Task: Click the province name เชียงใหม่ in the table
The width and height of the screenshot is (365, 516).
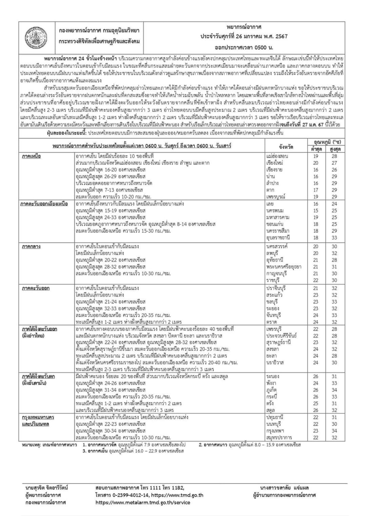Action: pyautogui.click(x=275, y=163)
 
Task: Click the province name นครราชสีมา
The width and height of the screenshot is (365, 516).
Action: pyautogui.click(x=278, y=231)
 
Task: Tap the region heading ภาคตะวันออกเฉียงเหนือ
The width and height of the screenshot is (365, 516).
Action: pyautogui.click(x=44, y=204)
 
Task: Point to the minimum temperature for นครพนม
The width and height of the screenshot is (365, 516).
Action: pyautogui.click(x=316, y=211)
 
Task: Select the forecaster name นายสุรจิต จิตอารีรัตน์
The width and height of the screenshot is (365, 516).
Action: pyautogui.click(x=47, y=488)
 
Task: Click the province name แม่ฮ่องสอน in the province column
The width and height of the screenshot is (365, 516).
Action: pyautogui.click(x=277, y=156)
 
